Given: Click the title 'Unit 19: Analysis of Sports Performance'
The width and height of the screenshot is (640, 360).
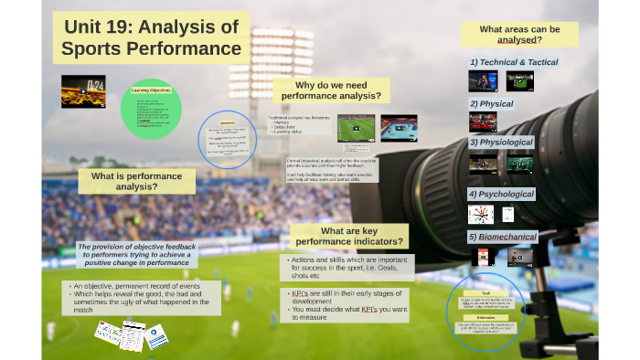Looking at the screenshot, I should tap(151, 37).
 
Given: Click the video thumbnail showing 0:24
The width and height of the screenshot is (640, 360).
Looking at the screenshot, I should tap(82, 91).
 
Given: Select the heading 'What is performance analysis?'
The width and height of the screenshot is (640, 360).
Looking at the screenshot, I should tap(136, 181).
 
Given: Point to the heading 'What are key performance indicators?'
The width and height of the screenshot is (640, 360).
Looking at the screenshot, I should tap(348, 236).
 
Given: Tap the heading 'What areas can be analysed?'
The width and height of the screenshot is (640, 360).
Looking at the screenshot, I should tap(519, 35).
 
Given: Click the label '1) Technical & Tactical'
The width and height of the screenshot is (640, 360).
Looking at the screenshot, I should tap(513, 62).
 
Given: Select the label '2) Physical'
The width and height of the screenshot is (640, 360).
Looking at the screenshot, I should tap(491, 104).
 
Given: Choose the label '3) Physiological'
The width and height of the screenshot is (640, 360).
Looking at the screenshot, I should tap(502, 143).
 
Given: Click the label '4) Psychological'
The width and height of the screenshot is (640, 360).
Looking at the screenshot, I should tap(501, 194).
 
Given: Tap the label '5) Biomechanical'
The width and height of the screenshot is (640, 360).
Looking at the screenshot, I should tap(502, 237).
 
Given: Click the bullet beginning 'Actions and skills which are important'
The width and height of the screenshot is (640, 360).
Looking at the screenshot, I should tap(347, 267).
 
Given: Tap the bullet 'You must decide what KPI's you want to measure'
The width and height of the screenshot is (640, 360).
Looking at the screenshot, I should tap(347, 313).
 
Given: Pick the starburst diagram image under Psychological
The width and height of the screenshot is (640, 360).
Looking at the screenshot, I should tap(480, 214).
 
